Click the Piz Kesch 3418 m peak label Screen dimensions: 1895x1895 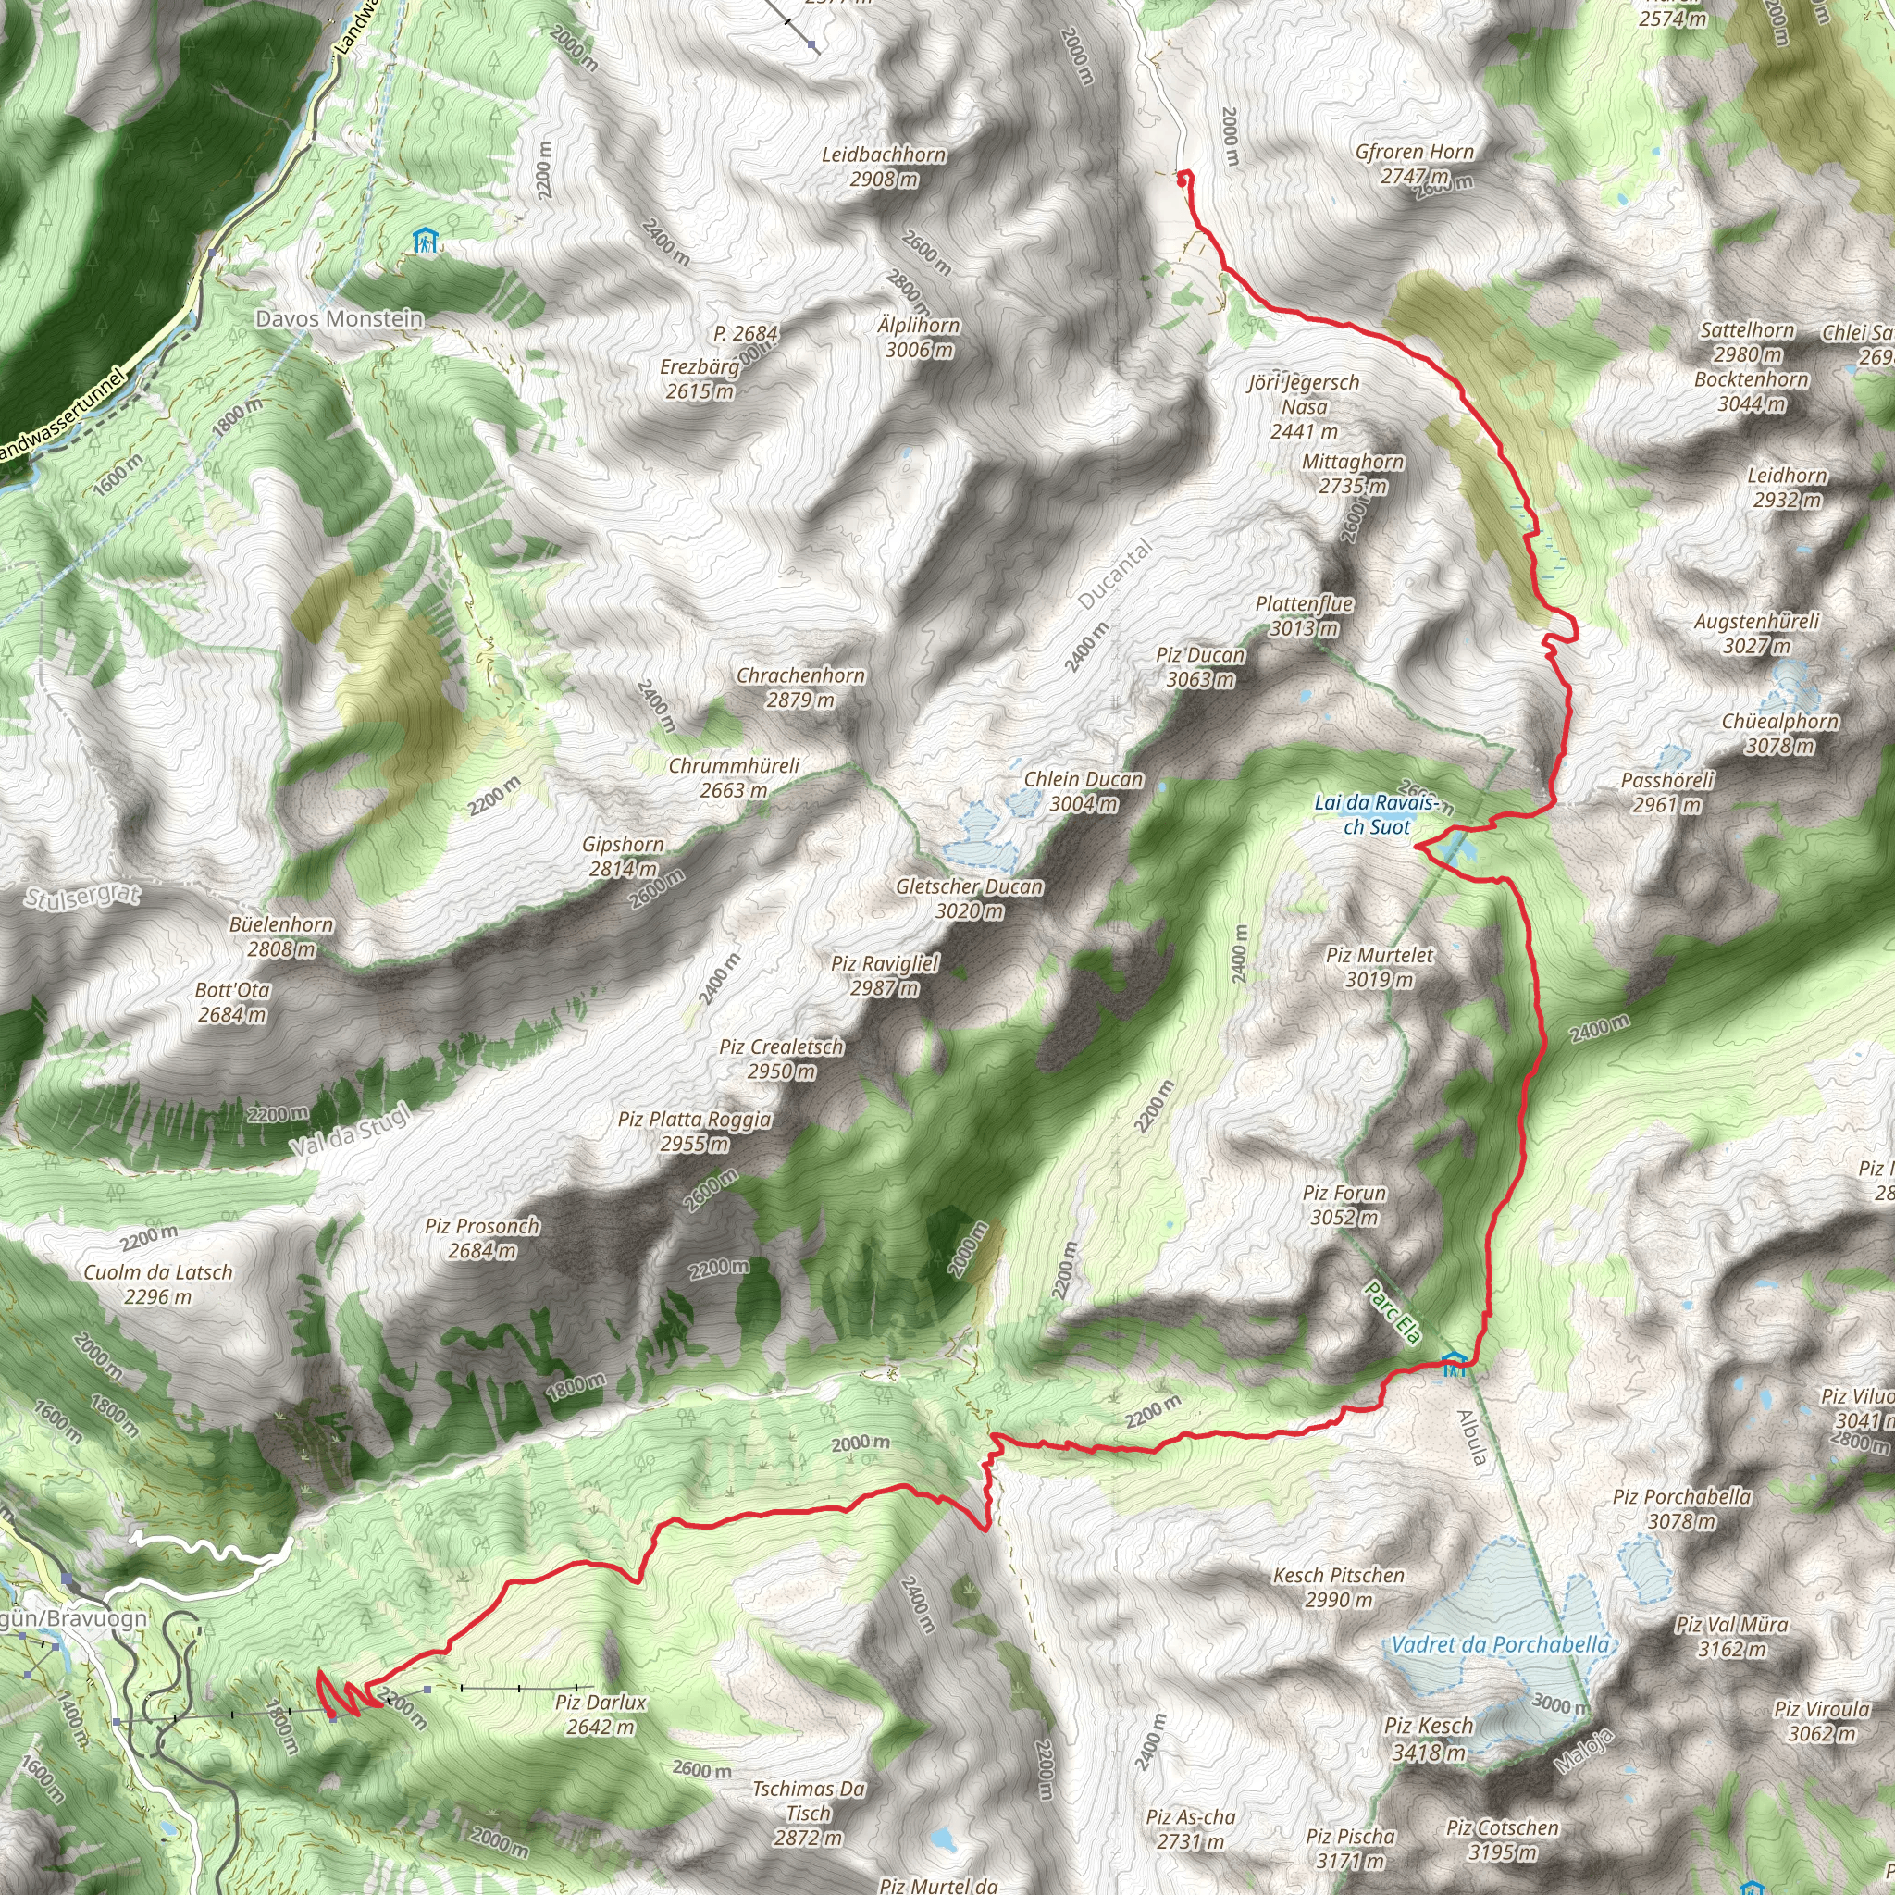[x=1428, y=1739]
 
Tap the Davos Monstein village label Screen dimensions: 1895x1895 [x=340, y=319]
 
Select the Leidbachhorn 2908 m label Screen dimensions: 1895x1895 [x=884, y=167]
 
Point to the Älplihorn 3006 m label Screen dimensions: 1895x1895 [x=919, y=338]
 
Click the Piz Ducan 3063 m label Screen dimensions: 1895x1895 [x=1200, y=667]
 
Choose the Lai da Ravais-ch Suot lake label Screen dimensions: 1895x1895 [x=1377, y=815]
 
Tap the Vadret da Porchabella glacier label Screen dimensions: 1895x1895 [x=1500, y=1645]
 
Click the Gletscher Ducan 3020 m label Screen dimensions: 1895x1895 [x=969, y=898]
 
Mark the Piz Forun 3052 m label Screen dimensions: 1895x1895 [x=1344, y=1205]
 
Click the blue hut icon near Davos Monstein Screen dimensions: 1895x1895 [x=425, y=241]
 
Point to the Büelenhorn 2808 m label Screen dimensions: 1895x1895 [x=281, y=936]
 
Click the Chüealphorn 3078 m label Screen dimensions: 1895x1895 [x=1780, y=734]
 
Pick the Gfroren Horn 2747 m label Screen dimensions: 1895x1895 [x=1415, y=164]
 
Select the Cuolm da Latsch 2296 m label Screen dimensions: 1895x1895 [x=158, y=1285]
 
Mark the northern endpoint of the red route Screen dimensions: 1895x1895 [x=1183, y=177]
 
